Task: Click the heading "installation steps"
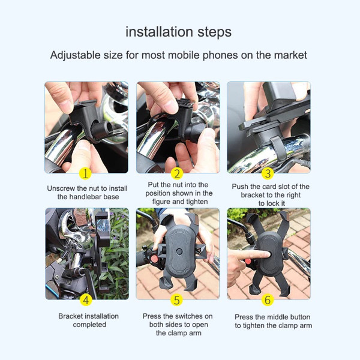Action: tap(178, 32)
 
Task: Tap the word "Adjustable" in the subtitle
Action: tap(76, 55)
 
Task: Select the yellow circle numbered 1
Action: tap(86, 173)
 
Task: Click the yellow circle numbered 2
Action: tap(176, 174)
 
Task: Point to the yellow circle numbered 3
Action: tap(268, 174)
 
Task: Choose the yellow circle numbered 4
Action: tap(86, 299)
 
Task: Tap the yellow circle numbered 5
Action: tap(176, 299)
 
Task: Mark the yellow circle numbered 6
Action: tap(268, 299)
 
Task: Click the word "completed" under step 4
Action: tap(89, 325)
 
